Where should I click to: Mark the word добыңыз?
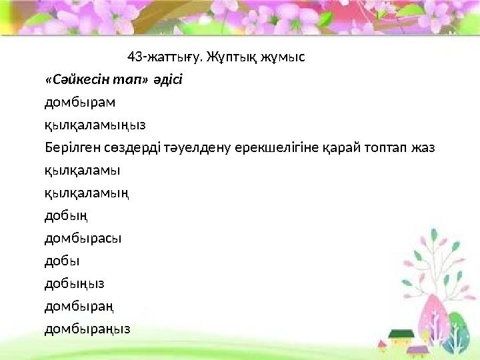pos(74,283)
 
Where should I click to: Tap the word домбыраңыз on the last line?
pos(87,329)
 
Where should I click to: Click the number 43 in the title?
pos(134,56)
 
